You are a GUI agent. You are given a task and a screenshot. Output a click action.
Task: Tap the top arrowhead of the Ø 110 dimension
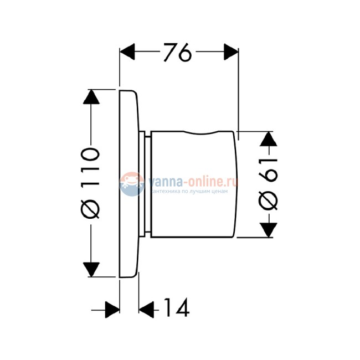tap(91, 97)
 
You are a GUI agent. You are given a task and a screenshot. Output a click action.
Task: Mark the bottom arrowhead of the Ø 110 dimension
tap(91, 269)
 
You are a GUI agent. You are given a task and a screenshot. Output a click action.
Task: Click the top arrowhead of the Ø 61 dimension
tap(269, 139)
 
